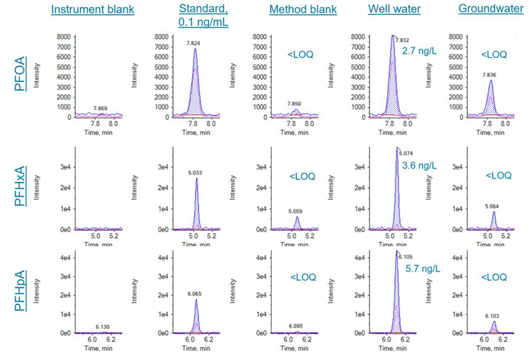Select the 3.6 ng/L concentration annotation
coord(420,166)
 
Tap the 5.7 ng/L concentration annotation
coord(422,269)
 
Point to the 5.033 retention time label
coord(195,172)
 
